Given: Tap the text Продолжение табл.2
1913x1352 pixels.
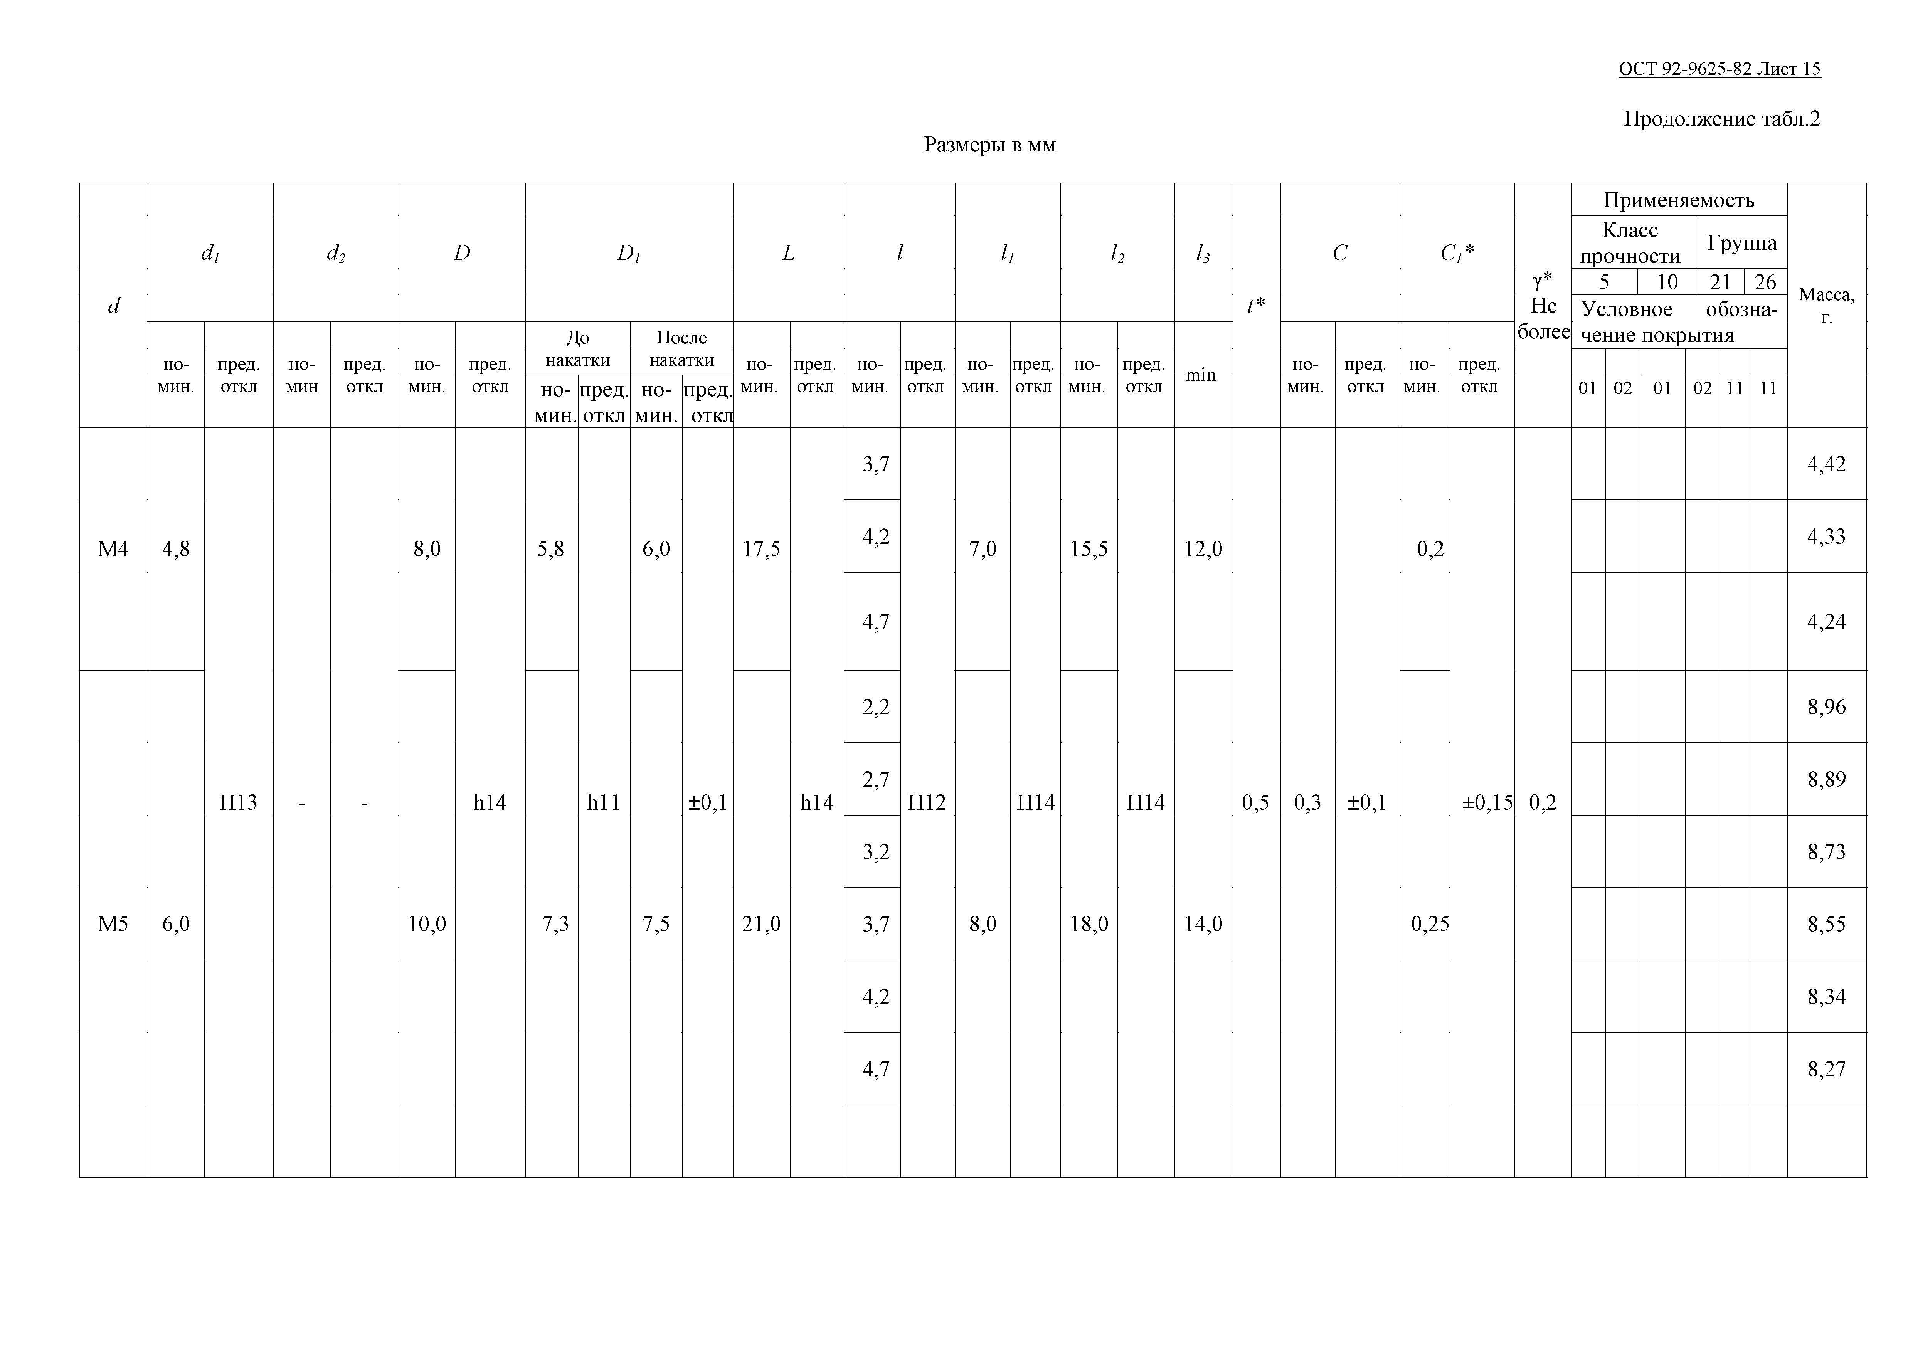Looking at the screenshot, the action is (x=1721, y=119).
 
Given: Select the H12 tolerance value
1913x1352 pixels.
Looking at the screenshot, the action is (x=927, y=802).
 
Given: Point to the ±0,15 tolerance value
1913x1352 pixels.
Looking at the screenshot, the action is (x=1487, y=802).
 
